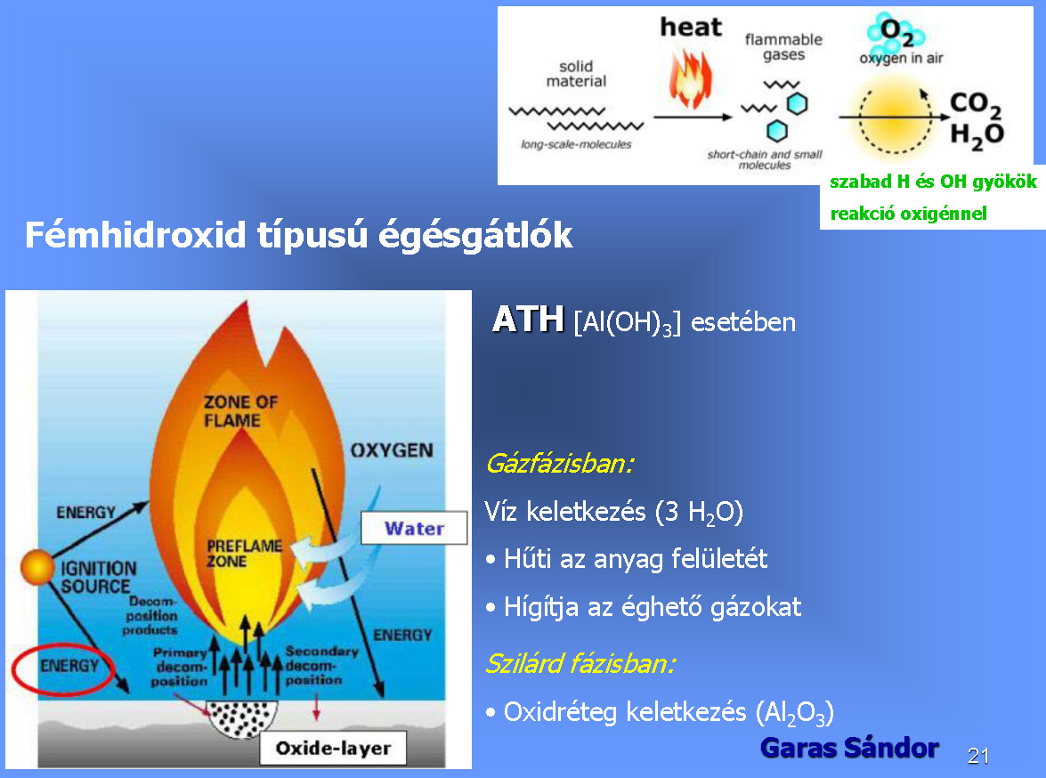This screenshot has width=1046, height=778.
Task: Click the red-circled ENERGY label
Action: click(69, 666)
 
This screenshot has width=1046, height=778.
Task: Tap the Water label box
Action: click(414, 529)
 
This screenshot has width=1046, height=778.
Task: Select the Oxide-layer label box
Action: click(333, 748)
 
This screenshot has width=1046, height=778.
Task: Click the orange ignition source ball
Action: click(37, 567)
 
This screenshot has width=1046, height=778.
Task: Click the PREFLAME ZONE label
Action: click(244, 553)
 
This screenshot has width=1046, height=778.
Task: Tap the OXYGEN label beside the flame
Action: click(393, 450)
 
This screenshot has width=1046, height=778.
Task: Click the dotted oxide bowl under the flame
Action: click(241, 718)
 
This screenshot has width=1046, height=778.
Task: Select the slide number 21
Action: click(978, 756)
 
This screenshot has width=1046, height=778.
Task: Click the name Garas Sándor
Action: click(849, 748)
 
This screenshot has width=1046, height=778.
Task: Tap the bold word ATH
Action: click(528, 319)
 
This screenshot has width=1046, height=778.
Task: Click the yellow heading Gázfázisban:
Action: click(560, 463)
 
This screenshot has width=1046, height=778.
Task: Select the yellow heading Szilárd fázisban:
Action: click(580, 663)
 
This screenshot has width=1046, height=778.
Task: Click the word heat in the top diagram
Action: click(691, 28)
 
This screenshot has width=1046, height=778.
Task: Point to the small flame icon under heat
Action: click(691, 78)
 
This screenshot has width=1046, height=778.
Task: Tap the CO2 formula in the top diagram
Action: click(976, 103)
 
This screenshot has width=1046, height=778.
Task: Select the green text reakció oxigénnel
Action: click(909, 214)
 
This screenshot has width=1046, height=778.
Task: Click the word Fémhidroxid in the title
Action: click(135, 234)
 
